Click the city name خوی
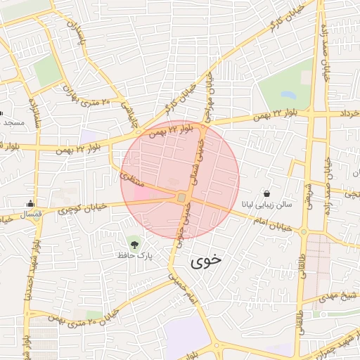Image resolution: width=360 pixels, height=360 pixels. coord(206,259)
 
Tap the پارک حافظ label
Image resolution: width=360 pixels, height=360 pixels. coord(135,255)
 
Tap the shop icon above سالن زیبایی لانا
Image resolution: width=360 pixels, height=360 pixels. coord(267,193)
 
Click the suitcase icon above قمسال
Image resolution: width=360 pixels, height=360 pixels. coord(30,203)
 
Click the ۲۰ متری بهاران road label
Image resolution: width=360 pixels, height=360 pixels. coord(85,97)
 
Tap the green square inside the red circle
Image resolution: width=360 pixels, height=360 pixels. coord(181,198)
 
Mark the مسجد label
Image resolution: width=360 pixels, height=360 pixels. coord(14,122)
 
